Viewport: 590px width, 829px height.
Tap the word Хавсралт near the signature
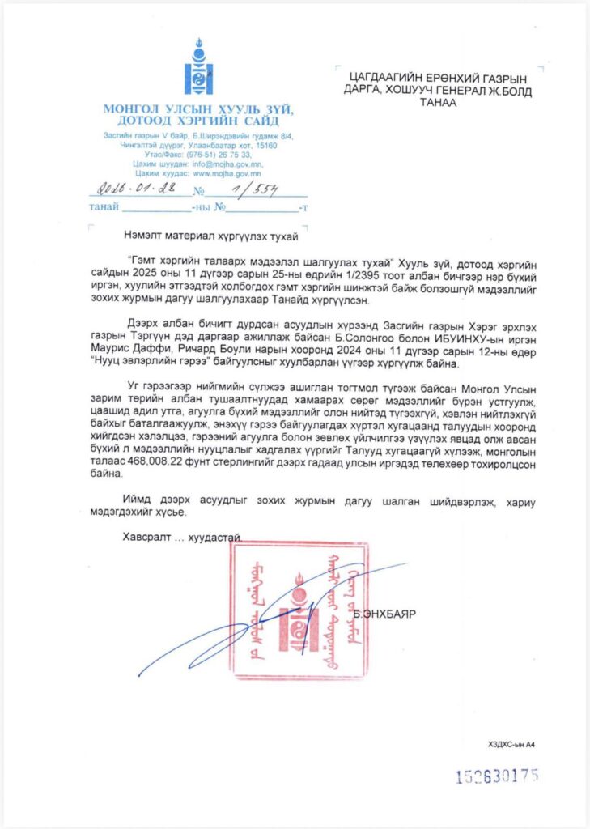(145, 537)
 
